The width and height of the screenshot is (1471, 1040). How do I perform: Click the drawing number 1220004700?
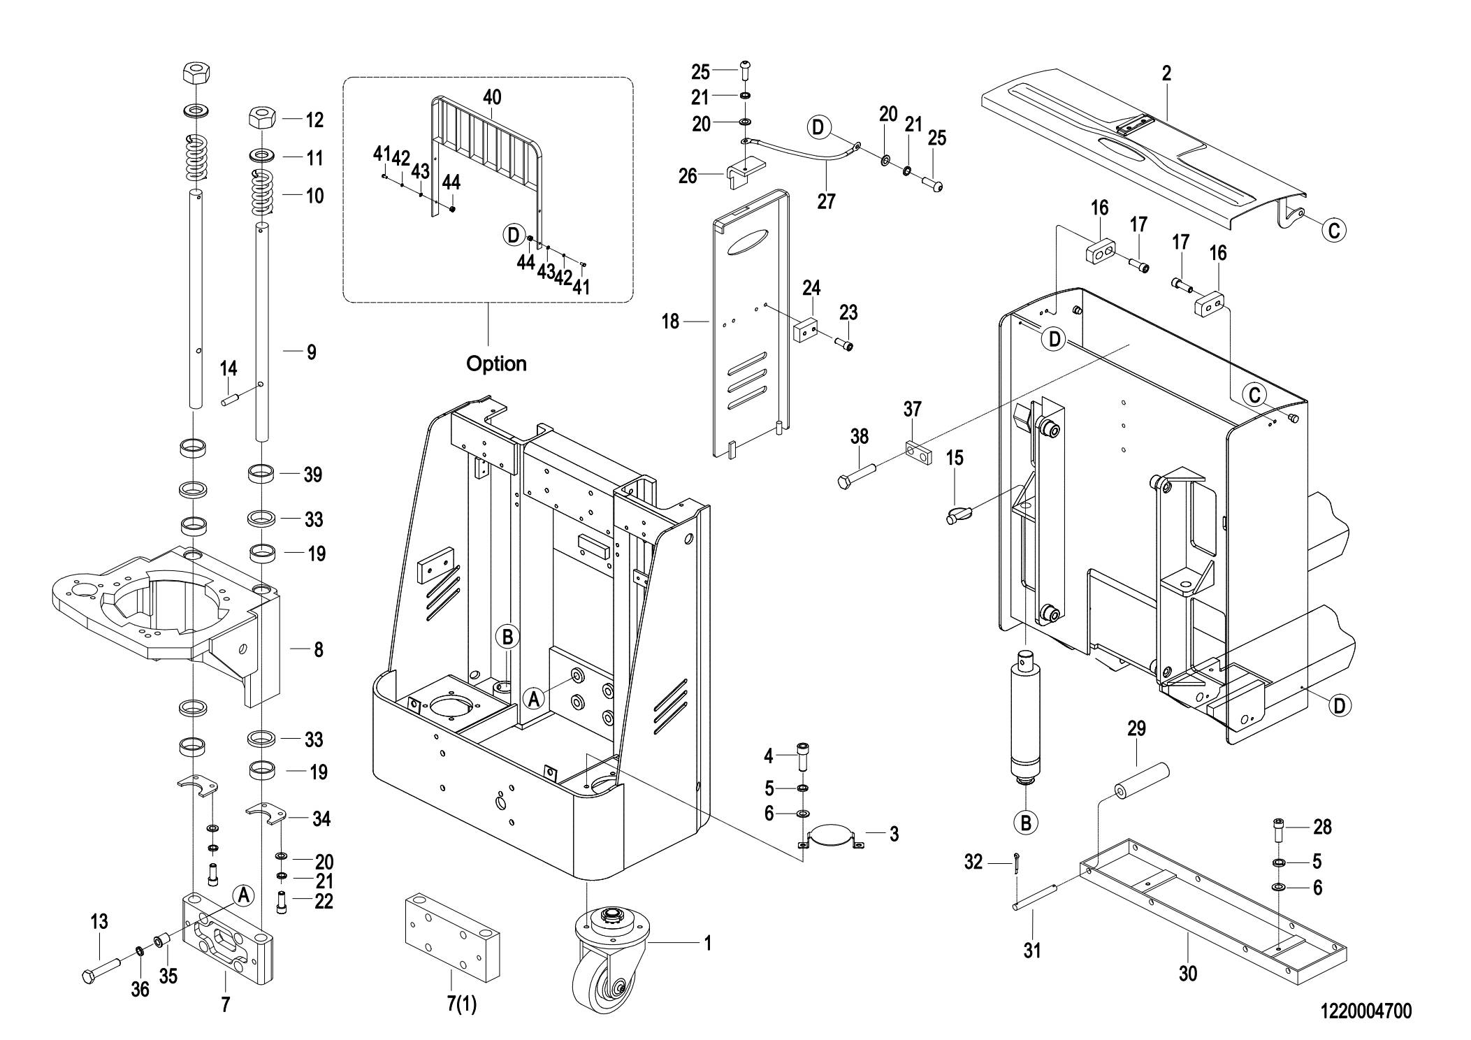pos(1365,1011)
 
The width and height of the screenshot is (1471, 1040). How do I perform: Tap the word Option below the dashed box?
pos(496,363)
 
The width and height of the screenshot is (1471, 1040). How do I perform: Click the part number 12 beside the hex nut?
pos(314,120)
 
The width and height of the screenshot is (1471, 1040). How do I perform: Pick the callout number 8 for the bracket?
pos(318,649)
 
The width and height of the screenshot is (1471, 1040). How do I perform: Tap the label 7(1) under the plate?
pos(461,1004)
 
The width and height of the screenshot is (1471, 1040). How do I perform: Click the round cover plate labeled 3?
pos(832,836)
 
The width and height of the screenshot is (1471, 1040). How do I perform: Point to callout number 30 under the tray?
pos(1188,973)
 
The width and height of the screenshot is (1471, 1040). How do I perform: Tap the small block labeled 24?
pos(806,328)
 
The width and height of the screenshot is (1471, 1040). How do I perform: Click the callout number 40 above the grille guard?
pos(492,97)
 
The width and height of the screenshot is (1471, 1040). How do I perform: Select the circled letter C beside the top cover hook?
pos(1333,229)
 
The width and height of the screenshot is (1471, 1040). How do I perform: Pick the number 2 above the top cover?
pos(1166,73)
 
